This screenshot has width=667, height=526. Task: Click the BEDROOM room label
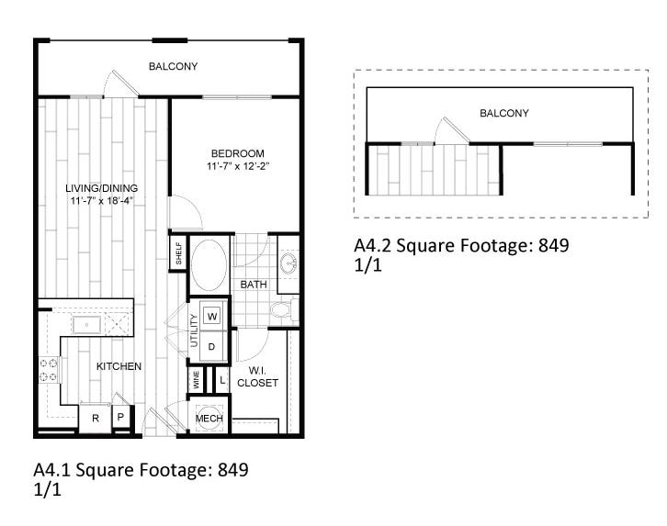[x=237, y=153]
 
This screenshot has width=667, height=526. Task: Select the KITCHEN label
[x=119, y=366]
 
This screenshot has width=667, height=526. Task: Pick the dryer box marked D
[x=212, y=347]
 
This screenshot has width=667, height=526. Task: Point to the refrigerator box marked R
[x=95, y=418]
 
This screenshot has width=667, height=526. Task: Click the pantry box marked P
[x=120, y=418]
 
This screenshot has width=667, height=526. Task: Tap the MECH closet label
[x=209, y=419]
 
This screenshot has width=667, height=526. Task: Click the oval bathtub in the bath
[x=209, y=265]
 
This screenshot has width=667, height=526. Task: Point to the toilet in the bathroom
[x=282, y=311]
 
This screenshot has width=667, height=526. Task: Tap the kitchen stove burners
[x=49, y=370]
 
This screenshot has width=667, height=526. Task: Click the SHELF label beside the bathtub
[x=179, y=252]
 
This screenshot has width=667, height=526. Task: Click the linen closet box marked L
[x=221, y=378]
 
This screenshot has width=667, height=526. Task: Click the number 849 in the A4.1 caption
[x=232, y=471]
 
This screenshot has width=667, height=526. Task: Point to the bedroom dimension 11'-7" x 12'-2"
[x=237, y=166]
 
